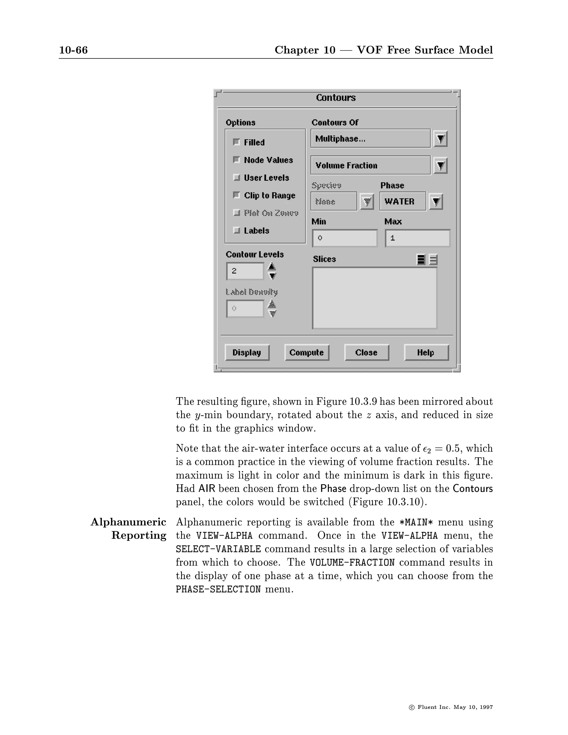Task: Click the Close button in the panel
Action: click(x=366, y=352)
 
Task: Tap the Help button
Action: click(x=426, y=352)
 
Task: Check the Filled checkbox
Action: click(x=237, y=142)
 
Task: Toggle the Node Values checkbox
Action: click(x=237, y=160)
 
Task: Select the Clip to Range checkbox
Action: click(x=237, y=195)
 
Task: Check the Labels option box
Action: click(x=237, y=230)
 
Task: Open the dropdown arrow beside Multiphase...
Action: click(x=440, y=139)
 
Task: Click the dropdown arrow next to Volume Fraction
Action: click(x=440, y=165)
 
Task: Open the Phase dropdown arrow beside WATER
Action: click(x=436, y=202)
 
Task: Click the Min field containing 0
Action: click(x=344, y=238)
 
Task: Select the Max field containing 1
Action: click(x=417, y=238)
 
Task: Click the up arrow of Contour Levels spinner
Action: click(x=272, y=267)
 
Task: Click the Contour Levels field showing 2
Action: click(x=245, y=271)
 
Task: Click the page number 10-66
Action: click(x=73, y=50)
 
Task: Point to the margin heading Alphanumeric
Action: click(x=128, y=522)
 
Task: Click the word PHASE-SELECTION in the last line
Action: click(x=218, y=589)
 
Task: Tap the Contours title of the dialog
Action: click(x=336, y=98)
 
